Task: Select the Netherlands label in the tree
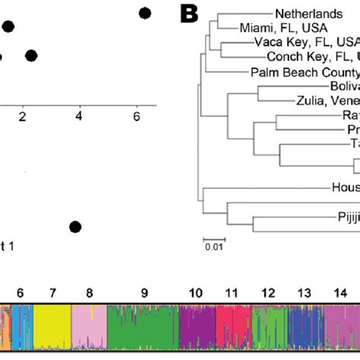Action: tap(299, 13)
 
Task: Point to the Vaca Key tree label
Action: tap(304, 43)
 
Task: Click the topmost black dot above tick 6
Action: tap(145, 13)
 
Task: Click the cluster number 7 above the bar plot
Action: tap(52, 292)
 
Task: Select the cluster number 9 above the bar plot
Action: tap(144, 292)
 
